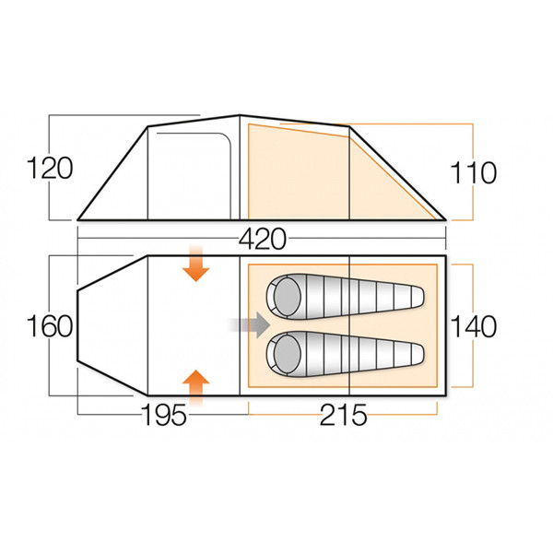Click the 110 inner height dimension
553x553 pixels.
475,172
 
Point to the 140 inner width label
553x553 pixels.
475,326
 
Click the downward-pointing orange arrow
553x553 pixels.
195,265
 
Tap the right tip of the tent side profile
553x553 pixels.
446,219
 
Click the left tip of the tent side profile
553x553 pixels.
79,219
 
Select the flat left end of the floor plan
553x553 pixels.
77,326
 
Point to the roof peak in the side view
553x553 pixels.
240,116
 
